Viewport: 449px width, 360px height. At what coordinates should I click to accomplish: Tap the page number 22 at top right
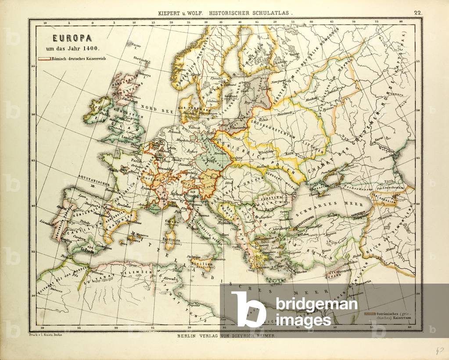417,13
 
